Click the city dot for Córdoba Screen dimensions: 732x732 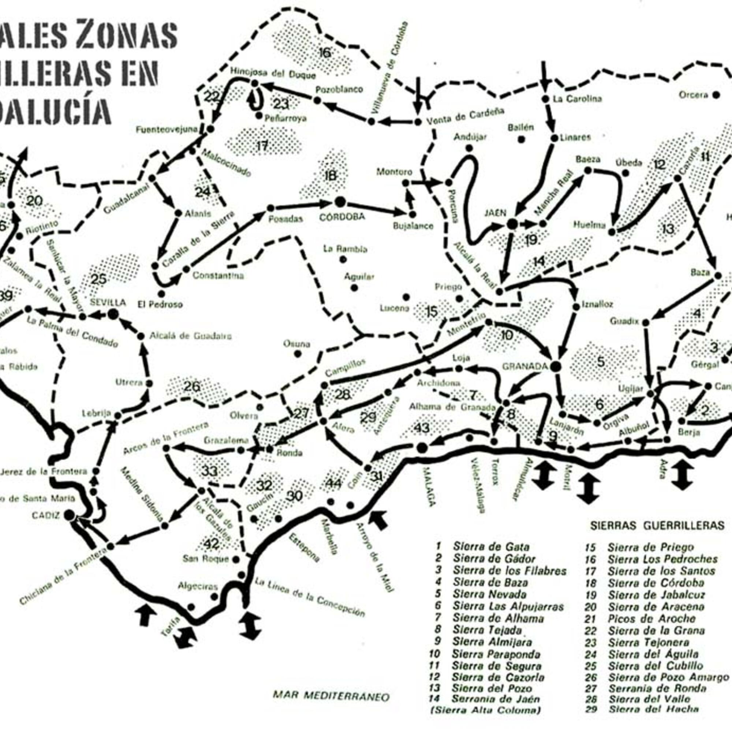[x=340, y=202]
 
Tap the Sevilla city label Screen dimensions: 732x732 [x=108, y=302]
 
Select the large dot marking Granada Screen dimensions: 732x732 [x=556, y=366]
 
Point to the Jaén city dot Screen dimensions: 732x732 [x=512, y=224]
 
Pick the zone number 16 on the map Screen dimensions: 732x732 [x=325, y=52]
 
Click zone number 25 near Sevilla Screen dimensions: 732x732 [x=99, y=279]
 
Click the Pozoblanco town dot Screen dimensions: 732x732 [x=317, y=100]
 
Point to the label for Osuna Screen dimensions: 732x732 [x=297, y=344]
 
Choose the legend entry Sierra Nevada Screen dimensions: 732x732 [x=489, y=594]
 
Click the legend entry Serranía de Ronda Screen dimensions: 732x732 [x=657, y=688]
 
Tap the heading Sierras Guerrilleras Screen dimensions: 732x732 [x=657, y=525]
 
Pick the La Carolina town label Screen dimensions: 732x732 [x=578, y=99]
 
